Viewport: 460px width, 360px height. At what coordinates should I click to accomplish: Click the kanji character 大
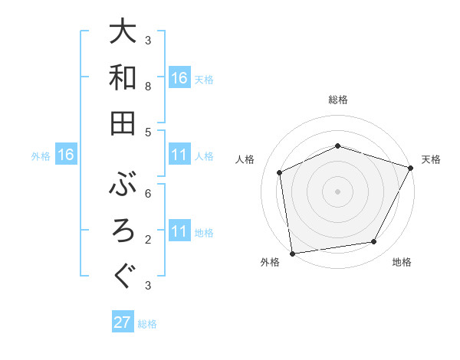[x=123, y=31]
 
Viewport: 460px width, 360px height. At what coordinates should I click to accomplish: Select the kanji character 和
[x=123, y=77]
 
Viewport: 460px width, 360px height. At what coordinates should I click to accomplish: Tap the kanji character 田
[x=123, y=123]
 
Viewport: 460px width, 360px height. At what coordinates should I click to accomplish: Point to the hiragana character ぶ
[x=123, y=183]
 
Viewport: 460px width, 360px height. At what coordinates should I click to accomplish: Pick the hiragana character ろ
[x=123, y=230]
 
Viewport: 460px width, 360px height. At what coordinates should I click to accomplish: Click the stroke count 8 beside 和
[x=149, y=87]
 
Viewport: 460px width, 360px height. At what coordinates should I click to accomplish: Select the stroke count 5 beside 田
[x=149, y=132]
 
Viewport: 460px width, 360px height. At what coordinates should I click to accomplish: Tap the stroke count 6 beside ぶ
[x=149, y=193]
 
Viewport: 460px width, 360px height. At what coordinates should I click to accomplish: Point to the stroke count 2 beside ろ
[x=149, y=239]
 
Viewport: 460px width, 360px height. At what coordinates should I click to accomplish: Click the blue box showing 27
[x=123, y=322]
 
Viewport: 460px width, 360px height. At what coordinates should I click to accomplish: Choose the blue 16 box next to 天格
[x=179, y=78]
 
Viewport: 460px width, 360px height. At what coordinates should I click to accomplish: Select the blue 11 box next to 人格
[x=179, y=155]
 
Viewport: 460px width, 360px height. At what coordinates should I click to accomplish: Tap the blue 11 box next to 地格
[x=179, y=231]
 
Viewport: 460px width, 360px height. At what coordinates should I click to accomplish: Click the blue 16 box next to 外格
[x=66, y=155]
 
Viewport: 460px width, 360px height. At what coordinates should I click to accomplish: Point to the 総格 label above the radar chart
[x=337, y=100]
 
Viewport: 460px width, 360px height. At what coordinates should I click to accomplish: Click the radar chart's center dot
[x=337, y=191]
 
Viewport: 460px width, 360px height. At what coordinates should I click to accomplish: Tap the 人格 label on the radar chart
[x=246, y=159]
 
